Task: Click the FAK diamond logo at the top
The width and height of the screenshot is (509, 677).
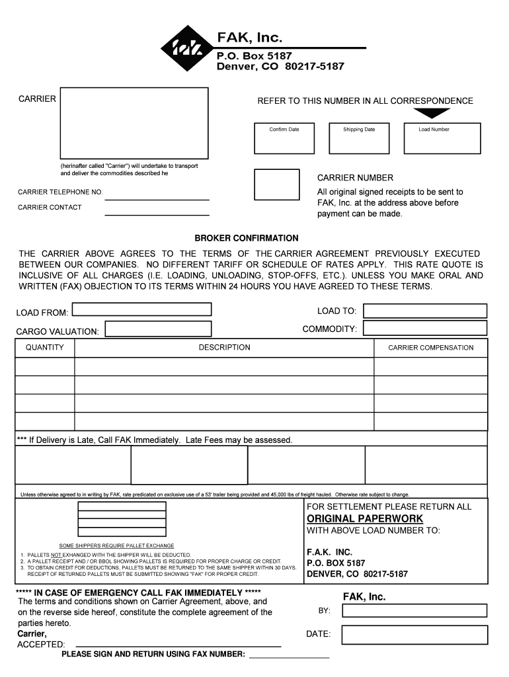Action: tap(187, 48)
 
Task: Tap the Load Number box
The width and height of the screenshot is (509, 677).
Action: tap(442, 138)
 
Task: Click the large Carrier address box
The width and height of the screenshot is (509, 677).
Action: tap(134, 123)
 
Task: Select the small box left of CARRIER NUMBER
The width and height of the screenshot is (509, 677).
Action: tap(276, 184)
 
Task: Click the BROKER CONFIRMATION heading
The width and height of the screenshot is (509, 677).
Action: tap(246, 238)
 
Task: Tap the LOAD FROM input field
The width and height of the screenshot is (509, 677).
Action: tap(141, 309)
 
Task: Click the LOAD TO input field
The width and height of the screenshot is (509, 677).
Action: tap(425, 311)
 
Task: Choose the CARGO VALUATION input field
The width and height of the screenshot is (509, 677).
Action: tap(159, 329)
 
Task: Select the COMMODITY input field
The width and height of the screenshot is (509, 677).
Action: tap(425, 329)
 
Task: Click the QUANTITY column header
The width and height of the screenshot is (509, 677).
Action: tap(45, 348)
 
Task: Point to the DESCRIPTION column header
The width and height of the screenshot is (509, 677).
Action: tap(224, 348)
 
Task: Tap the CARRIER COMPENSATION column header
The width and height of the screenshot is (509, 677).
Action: tap(430, 348)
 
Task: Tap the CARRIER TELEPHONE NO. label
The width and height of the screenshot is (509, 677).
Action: tap(60, 192)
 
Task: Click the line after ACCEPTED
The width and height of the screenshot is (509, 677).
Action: tap(178, 644)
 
